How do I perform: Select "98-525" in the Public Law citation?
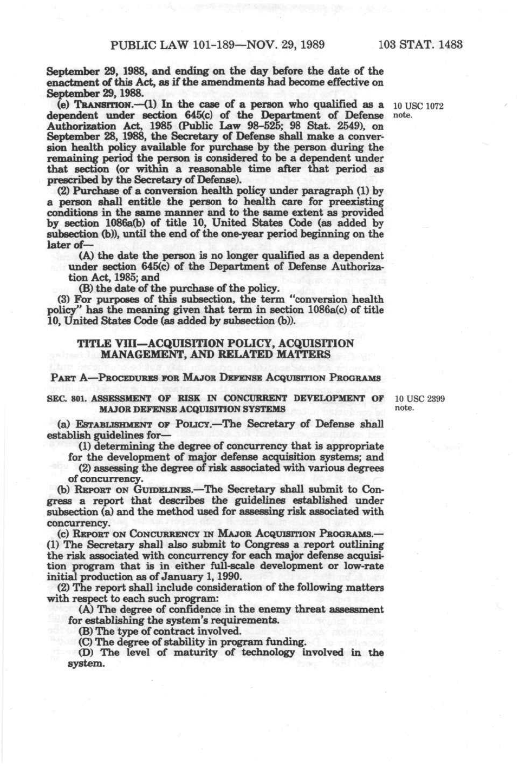275,126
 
